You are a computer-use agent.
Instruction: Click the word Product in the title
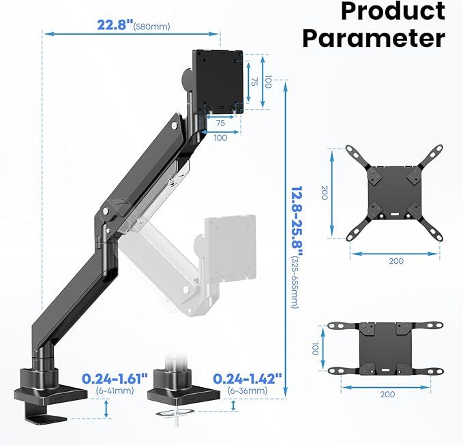point(392,11)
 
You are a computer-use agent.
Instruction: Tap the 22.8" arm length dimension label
point(113,25)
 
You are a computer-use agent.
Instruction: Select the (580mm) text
point(152,27)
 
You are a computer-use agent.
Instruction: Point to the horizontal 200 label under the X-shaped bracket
point(395,260)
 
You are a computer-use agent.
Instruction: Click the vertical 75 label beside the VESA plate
point(253,80)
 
